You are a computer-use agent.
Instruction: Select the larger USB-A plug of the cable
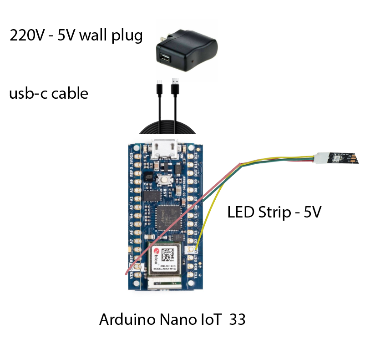point(175,86)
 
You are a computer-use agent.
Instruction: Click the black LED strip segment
point(343,158)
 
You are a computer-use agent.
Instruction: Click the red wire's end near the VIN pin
point(126,274)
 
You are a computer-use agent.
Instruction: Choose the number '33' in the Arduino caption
point(237,319)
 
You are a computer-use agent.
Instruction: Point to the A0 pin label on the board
point(132,182)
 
